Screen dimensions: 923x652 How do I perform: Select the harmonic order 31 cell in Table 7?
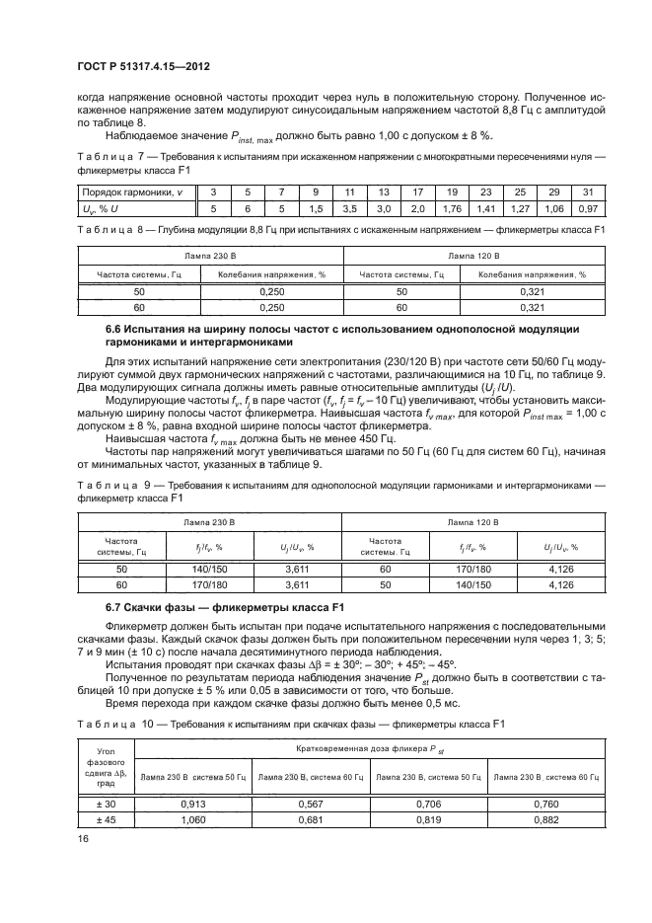pyautogui.click(x=587, y=191)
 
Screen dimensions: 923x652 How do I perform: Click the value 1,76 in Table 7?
pyautogui.click(x=452, y=208)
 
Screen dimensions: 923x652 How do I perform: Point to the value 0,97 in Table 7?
pyautogui.click(x=587, y=208)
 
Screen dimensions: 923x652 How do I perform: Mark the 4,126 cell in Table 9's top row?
pyautogui.click(x=560, y=570)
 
